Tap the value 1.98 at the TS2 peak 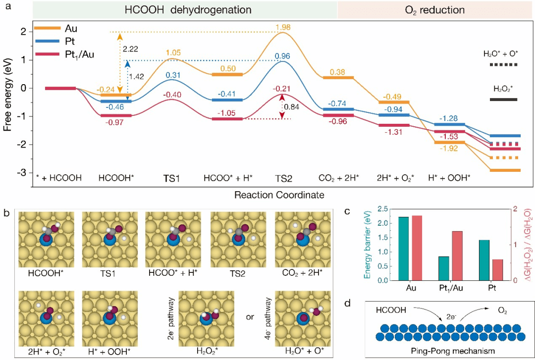(282, 26)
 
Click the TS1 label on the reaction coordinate (171, 177)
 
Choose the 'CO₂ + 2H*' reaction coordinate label (339, 177)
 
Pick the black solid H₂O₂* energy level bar (503, 100)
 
